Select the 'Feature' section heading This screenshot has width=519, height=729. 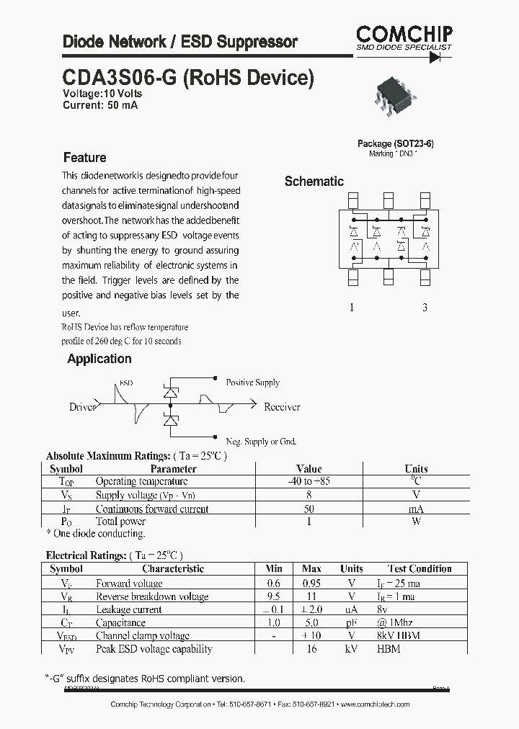tap(84, 158)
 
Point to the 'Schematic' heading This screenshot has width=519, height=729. tap(314, 182)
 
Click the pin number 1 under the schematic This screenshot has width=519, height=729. tap(352, 308)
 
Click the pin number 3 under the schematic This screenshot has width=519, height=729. tap(425, 308)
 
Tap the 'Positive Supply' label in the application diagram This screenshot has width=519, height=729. tap(252, 383)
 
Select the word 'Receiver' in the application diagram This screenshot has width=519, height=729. tap(281, 407)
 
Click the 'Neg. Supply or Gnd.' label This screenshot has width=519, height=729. tap(261, 442)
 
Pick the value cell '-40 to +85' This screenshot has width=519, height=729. tap(309, 481)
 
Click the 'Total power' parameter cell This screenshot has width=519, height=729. tap(120, 521)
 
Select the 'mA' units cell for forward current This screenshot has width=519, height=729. tap(416, 509)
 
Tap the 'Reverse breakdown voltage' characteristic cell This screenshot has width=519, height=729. tap(152, 596)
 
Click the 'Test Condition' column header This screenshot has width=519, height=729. tap(420, 569)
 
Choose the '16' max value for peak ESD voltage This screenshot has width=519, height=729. tap(312, 649)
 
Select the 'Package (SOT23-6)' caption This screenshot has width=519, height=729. tap(395, 143)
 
